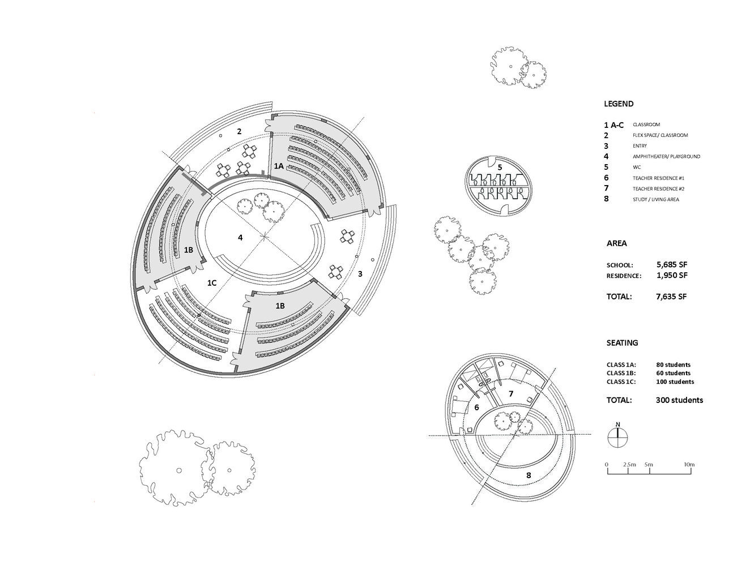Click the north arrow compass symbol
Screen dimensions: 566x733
618,436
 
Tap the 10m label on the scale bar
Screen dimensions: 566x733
688,465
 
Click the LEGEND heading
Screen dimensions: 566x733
619,104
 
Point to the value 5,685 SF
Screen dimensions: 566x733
672,264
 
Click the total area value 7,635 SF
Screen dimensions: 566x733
672,296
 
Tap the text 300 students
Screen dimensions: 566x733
680,400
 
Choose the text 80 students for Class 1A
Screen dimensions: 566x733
674,365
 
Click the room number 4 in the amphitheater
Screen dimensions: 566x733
240,238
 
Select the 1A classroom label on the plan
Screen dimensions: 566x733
279,166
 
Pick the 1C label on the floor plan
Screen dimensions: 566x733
211,282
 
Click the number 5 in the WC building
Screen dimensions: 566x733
500,167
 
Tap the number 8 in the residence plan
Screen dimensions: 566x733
529,475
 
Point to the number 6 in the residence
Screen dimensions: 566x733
476,408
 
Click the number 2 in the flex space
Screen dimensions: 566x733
239,131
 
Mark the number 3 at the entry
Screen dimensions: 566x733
360,275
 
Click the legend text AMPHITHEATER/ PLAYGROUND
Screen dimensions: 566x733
666,157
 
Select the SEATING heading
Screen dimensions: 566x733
622,343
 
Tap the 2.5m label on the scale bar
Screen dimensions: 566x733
629,465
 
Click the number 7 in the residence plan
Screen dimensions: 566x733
510,393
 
